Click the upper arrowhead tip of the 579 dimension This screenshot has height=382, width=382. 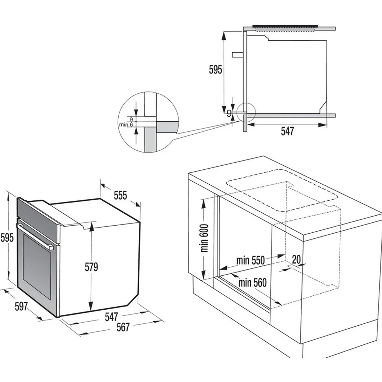point(92,222)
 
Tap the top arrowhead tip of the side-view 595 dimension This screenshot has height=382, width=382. point(223,32)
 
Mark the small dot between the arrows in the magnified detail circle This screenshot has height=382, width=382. point(136,121)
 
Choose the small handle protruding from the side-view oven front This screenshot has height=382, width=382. point(238,55)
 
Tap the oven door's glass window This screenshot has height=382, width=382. point(37,267)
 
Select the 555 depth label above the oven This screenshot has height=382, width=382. point(120,195)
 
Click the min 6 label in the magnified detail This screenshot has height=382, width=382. point(126,125)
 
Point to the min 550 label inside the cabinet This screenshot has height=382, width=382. point(250,260)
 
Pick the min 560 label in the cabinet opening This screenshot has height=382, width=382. point(253,283)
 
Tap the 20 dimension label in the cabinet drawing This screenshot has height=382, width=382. point(296,260)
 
